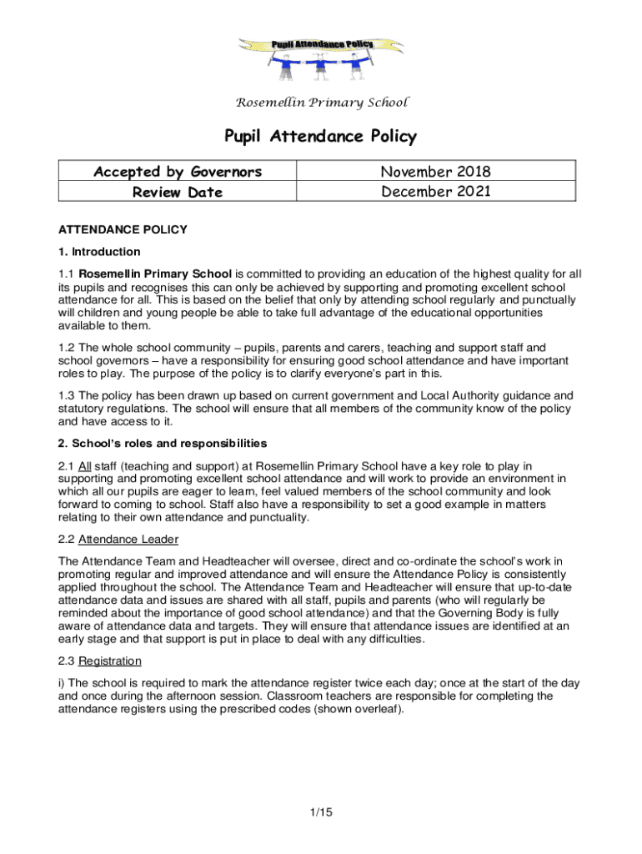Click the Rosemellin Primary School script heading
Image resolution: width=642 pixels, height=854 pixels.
pos(322,103)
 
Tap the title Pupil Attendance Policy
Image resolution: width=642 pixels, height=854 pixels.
pos(321,136)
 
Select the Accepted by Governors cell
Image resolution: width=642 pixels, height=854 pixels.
pos(178,172)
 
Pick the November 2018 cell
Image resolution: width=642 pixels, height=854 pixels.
pos(435,172)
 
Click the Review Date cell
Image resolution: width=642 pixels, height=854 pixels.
pos(178,192)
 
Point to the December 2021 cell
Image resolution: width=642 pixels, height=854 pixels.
pos(435,192)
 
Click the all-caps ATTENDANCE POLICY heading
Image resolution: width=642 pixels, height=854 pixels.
pos(123,229)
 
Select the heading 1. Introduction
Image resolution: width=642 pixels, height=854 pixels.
pos(99,251)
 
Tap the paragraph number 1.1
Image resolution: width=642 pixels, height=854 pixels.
pos(66,274)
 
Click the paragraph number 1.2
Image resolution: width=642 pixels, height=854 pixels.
pos(66,348)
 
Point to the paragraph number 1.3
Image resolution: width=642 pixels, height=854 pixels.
pos(66,395)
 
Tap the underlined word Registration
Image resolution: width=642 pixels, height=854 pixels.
pos(109,661)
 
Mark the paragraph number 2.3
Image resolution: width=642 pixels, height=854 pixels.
pos(66,661)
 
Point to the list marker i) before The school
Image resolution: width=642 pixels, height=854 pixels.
pos(62,683)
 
